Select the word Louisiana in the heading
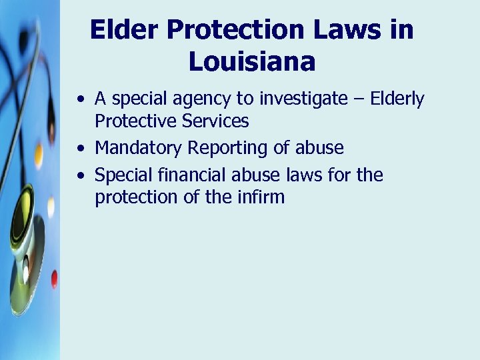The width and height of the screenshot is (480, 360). coord(252,61)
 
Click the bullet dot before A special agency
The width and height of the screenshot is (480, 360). coord(81,101)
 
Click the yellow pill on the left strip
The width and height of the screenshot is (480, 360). coord(38,156)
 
